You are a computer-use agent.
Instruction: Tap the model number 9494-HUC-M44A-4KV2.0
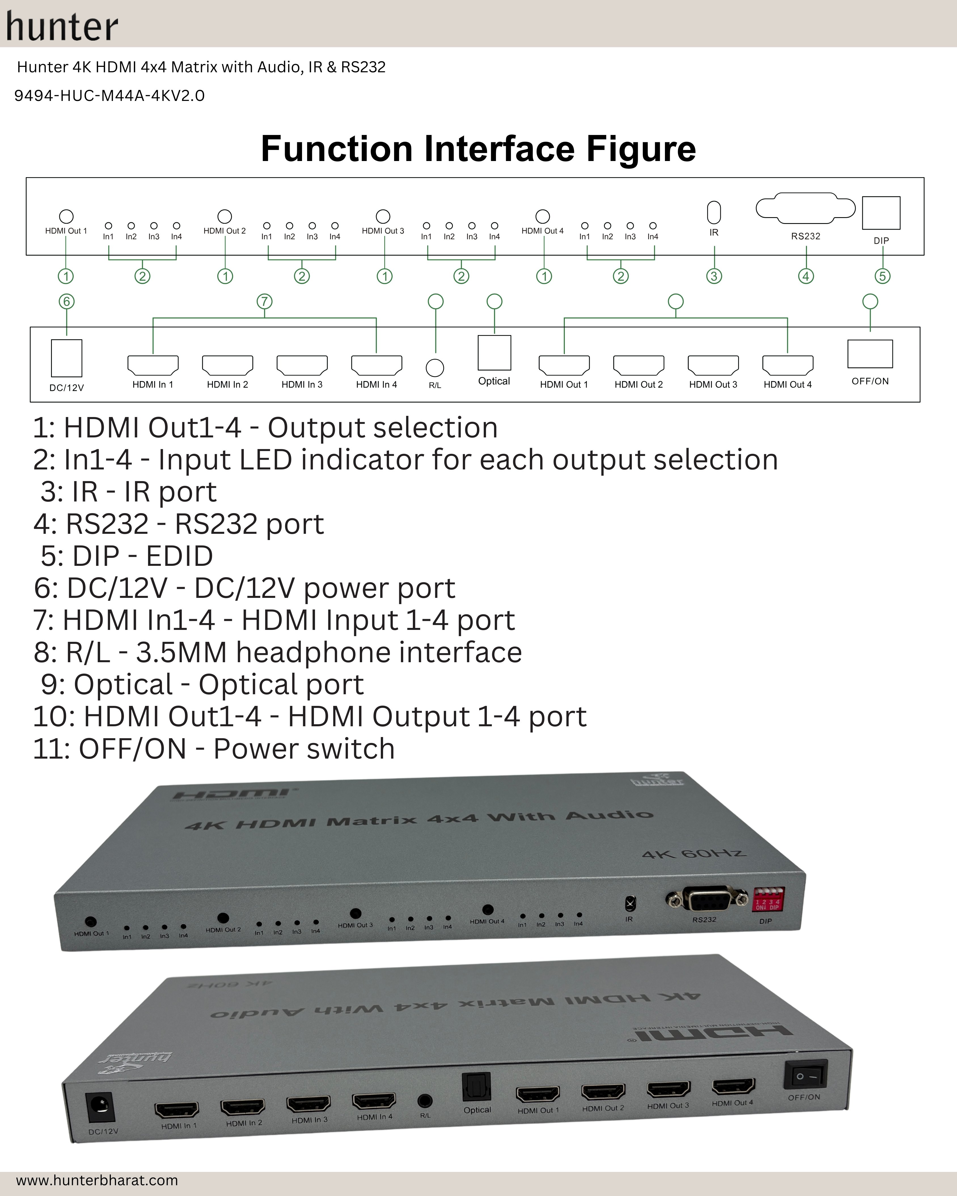click(x=109, y=96)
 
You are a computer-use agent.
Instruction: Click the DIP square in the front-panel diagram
click(x=881, y=212)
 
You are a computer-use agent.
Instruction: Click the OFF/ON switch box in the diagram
click(x=870, y=354)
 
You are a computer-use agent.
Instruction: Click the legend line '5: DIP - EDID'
click(x=126, y=556)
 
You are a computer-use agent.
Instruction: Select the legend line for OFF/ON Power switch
click(x=214, y=749)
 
